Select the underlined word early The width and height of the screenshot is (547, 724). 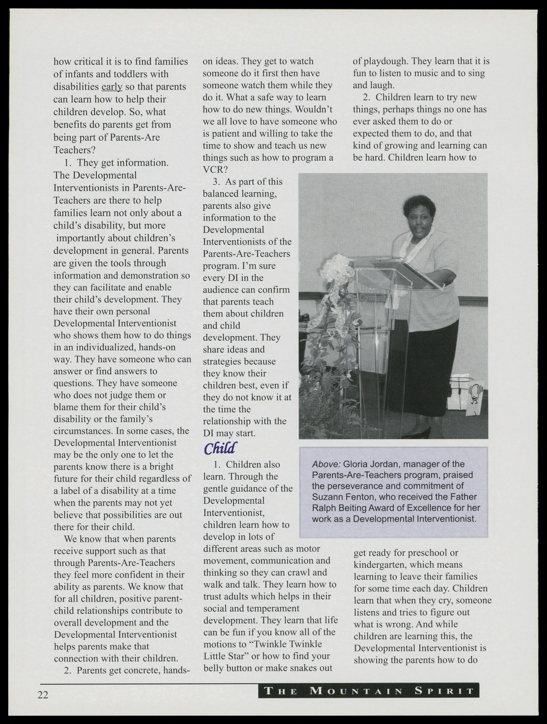pyautogui.click(x=112, y=87)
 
